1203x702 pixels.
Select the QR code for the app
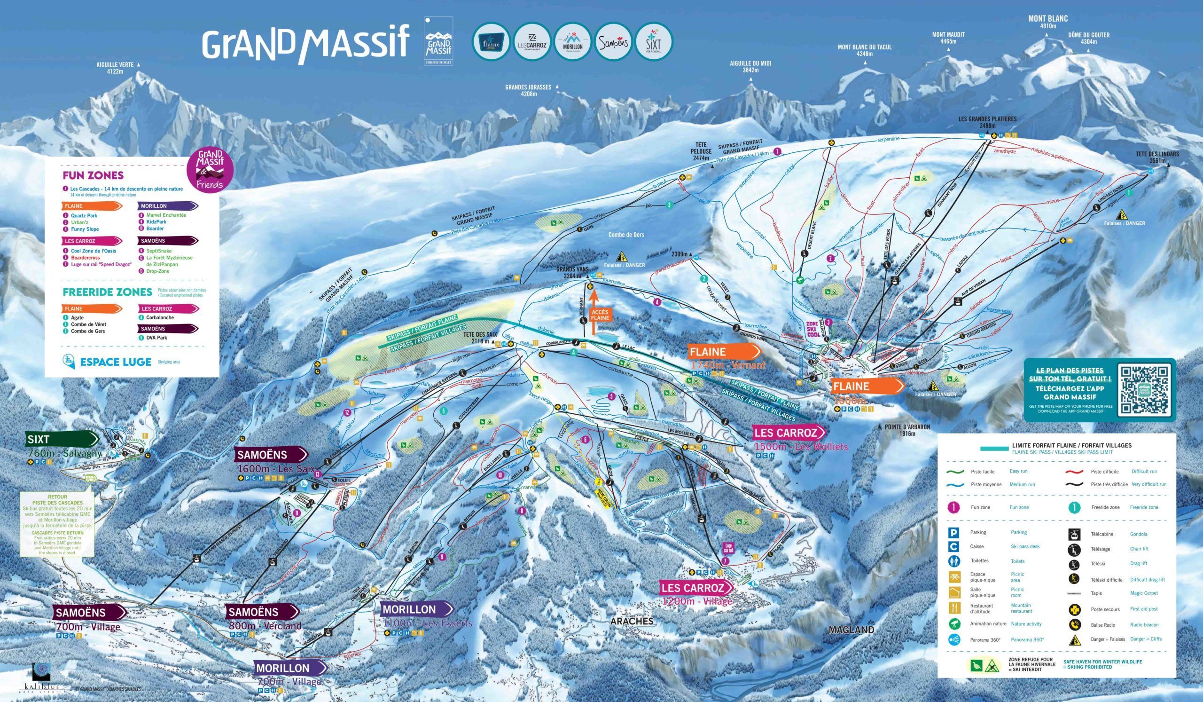click(x=1144, y=389)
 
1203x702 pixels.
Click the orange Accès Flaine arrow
click(x=594, y=312)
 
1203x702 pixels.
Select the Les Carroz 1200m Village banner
click(x=697, y=587)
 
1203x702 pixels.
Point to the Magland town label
click(x=851, y=630)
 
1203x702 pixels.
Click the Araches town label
click(x=631, y=621)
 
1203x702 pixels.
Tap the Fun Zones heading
click(x=93, y=175)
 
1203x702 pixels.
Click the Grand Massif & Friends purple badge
click(x=211, y=170)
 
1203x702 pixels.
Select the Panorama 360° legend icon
click(x=954, y=639)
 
